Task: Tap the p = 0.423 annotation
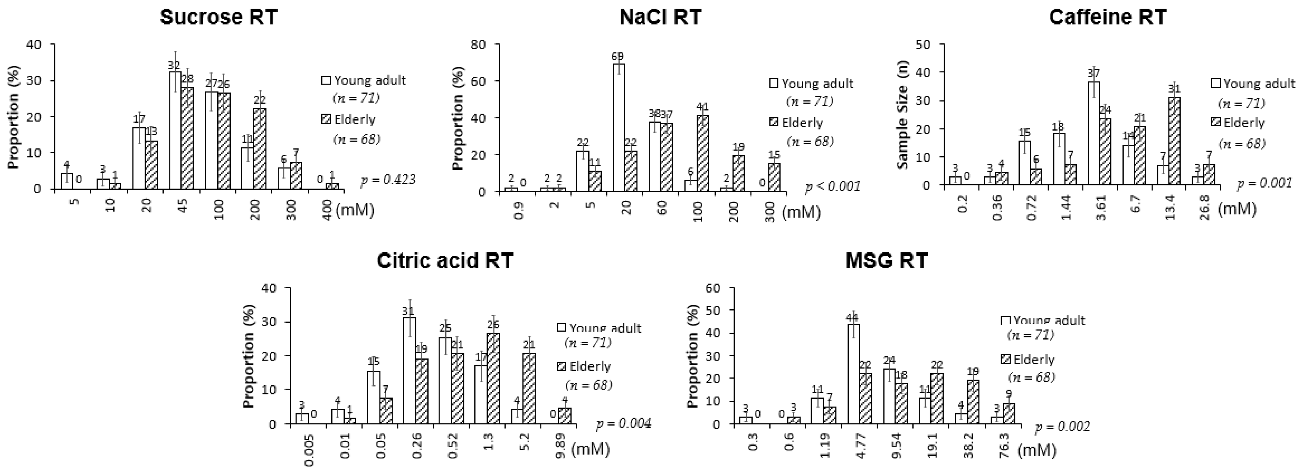click(x=388, y=180)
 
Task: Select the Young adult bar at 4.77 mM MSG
click(x=853, y=374)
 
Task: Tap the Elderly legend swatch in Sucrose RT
click(x=326, y=120)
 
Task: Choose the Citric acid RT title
click(x=445, y=261)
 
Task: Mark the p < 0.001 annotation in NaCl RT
click(x=832, y=187)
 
